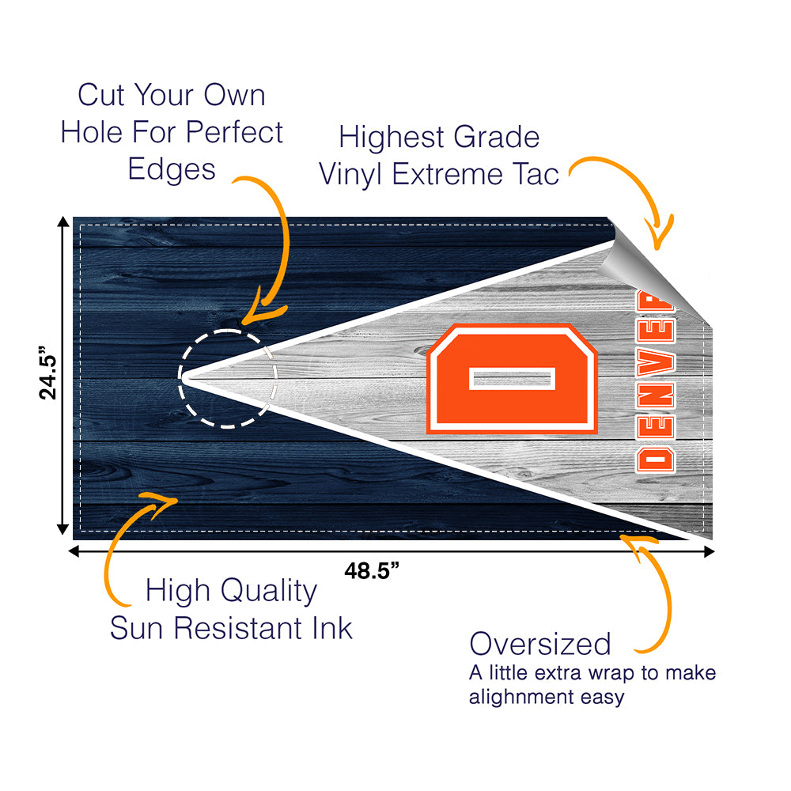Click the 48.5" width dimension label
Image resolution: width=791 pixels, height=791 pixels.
tap(372, 571)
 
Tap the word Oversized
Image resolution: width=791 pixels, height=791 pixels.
tap(540, 644)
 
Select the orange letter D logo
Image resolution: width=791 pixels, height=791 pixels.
tap(512, 378)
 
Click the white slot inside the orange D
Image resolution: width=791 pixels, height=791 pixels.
tap(512, 379)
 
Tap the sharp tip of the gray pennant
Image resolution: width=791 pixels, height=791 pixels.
tap(184, 377)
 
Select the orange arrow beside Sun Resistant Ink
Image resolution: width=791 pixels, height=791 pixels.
tap(127, 546)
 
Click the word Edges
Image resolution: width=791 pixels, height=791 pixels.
tap(171, 168)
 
